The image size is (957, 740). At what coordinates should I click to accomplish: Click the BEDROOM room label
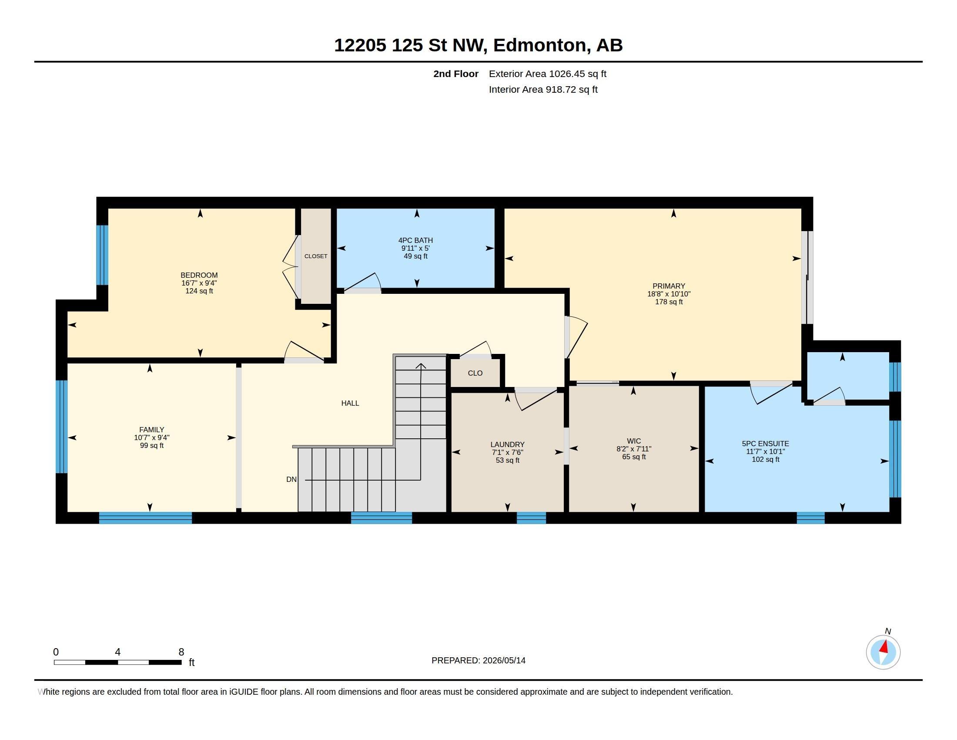click(x=199, y=275)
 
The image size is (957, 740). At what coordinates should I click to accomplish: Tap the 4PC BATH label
click(x=415, y=240)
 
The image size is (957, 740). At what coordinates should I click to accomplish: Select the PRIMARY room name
click(x=669, y=286)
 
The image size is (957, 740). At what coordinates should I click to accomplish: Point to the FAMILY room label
click(x=152, y=430)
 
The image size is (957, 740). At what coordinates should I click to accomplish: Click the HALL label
click(x=350, y=404)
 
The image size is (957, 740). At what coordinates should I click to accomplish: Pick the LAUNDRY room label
click(x=507, y=444)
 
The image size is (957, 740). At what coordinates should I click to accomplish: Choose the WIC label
click(x=634, y=441)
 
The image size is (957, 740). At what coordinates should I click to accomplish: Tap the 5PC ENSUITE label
click(x=766, y=444)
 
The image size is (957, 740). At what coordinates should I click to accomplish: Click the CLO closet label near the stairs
click(x=475, y=373)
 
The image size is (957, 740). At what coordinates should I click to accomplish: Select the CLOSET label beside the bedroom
click(x=316, y=256)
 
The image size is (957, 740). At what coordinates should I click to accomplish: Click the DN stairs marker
click(x=291, y=480)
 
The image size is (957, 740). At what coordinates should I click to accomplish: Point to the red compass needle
click(x=884, y=647)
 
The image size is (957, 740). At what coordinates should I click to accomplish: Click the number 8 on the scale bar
click(x=181, y=652)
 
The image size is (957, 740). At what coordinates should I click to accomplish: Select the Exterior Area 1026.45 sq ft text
click(x=548, y=74)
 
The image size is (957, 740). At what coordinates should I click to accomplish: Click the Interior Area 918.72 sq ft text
click(x=543, y=89)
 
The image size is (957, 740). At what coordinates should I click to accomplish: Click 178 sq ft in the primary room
click(x=669, y=302)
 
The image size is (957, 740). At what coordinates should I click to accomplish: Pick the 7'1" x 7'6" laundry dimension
click(x=507, y=452)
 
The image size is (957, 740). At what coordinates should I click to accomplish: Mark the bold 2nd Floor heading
click(x=456, y=74)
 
